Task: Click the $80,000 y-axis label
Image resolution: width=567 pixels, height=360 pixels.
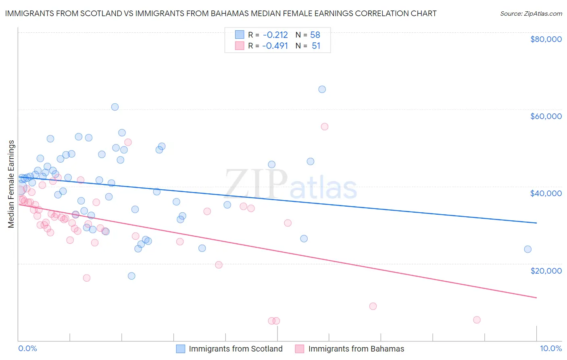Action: pos(546,39)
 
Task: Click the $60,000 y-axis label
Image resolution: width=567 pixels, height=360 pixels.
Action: pos(546,116)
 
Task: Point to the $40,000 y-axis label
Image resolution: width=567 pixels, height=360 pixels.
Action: pos(546,193)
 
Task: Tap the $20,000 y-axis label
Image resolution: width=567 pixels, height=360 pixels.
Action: pos(546,270)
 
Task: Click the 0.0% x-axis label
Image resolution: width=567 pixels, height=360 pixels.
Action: pos(27,348)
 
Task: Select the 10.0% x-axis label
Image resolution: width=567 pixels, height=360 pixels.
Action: pos(550,348)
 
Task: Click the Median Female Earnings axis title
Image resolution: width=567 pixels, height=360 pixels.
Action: pos(11,184)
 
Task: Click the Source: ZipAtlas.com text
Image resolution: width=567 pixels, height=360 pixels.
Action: pos(531,14)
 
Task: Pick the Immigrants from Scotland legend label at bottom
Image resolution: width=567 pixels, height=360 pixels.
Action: pos(236,349)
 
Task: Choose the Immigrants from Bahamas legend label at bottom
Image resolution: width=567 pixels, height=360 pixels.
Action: pos(356,349)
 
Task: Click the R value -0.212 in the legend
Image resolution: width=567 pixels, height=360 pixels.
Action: pos(275,35)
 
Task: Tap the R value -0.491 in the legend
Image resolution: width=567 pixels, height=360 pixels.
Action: pos(275,46)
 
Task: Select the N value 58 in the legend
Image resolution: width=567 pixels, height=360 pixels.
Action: pos(315,35)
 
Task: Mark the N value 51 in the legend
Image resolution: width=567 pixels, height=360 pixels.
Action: pos(316,46)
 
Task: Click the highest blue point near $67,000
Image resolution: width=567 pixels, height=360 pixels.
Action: pos(322,89)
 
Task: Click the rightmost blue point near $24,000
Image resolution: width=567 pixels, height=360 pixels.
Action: pos(527,249)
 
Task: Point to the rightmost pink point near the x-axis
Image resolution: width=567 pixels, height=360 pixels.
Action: pos(477,320)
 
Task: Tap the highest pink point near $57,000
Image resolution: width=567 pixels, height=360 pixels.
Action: pos(324,127)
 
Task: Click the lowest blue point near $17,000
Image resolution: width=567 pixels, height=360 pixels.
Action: pos(131,276)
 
